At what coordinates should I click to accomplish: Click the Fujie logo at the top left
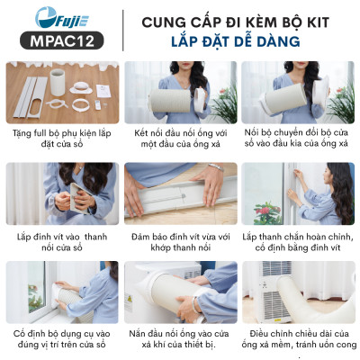click(58, 17)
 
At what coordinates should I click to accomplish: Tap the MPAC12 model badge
click(58, 40)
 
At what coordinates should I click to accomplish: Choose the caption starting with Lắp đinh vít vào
click(60, 240)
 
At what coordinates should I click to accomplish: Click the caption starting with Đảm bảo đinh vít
click(179, 240)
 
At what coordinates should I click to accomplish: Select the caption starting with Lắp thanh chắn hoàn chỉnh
click(298, 240)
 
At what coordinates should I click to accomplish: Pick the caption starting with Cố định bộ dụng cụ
click(60, 340)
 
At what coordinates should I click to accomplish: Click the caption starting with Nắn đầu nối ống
click(179, 340)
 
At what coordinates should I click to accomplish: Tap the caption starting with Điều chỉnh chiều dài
click(298, 340)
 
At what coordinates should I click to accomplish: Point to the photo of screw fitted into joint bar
click(179, 193)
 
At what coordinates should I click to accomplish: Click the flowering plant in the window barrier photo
click(267, 212)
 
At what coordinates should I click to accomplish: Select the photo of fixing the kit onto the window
click(60, 293)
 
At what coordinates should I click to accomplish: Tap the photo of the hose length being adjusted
click(298, 293)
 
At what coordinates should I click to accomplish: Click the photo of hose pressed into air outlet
click(179, 293)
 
